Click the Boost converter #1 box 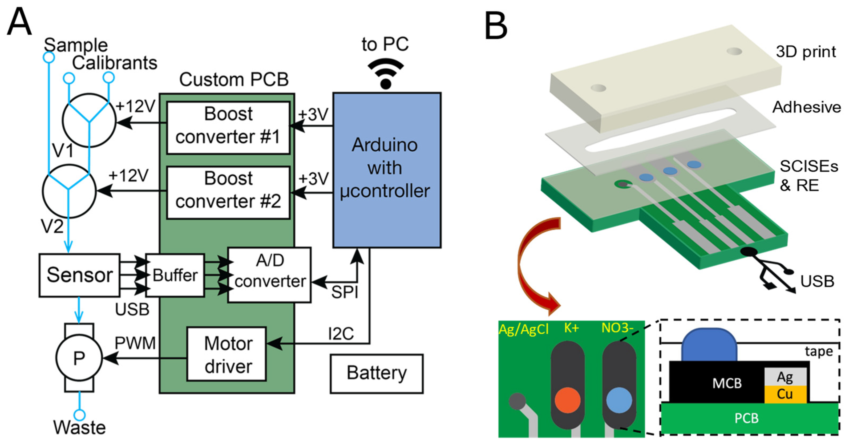tap(228, 128)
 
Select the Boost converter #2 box tap(228, 192)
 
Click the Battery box tap(377, 374)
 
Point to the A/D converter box tap(269, 274)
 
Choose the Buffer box tap(175, 275)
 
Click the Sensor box tap(79, 275)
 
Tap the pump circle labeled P tap(79, 358)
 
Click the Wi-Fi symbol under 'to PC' tap(386, 74)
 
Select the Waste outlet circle tap(79, 415)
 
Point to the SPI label tap(344, 292)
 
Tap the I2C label tap(341, 334)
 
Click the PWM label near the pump tap(135, 343)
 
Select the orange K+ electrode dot tap(567, 400)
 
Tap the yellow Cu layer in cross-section tap(785, 394)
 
